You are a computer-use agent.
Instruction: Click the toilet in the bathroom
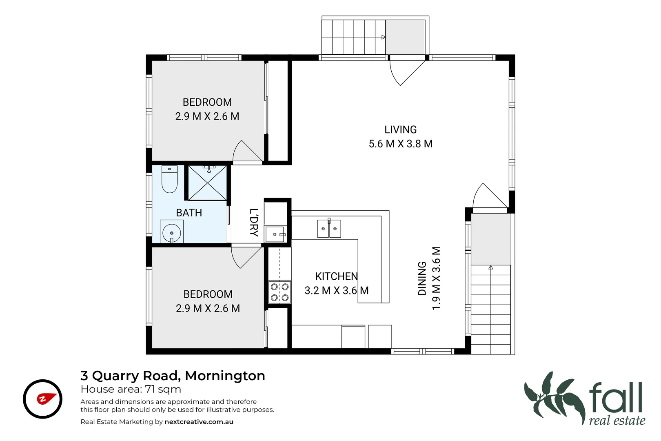coord(170,179)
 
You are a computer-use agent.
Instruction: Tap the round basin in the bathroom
coord(172,233)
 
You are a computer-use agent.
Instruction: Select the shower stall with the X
coord(208,183)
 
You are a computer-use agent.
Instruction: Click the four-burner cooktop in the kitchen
coord(280,292)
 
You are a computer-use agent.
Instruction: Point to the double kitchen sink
coord(329,228)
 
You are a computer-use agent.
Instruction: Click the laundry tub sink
coord(276,234)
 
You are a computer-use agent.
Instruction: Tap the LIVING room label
coord(400,130)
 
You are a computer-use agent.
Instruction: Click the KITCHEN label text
coord(336,276)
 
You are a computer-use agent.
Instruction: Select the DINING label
coord(422,278)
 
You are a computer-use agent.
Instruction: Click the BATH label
coord(189,213)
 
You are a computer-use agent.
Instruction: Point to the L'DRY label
coord(254,223)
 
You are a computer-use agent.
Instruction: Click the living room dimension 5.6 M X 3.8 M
coord(400,144)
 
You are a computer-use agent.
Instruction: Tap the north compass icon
coord(42,399)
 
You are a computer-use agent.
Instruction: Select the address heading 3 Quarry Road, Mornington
coord(173,376)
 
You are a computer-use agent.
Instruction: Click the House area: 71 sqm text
coord(131,389)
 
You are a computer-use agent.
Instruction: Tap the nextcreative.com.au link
coord(199,422)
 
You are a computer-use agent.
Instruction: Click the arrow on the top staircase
coord(383,37)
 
